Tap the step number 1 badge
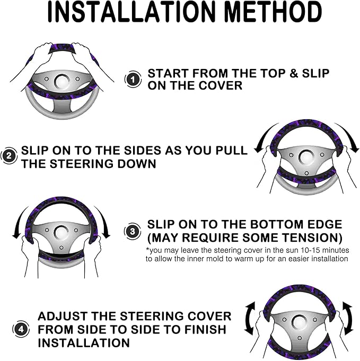[133, 80]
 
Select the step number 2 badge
[9, 156]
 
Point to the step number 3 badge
[133, 231]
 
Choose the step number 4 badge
[21, 329]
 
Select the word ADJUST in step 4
[64, 316]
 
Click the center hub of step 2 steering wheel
[306, 157]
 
